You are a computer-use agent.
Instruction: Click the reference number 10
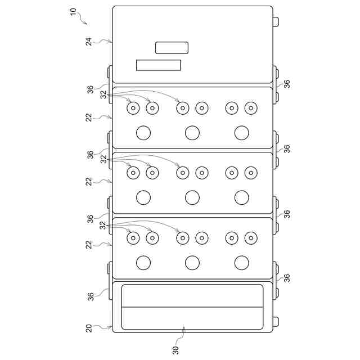coord(73,12)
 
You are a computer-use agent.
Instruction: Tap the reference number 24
coord(89,41)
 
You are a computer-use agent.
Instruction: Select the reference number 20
coord(89,328)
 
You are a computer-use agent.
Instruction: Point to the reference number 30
coord(175,350)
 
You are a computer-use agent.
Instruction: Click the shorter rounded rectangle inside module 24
coord(172,48)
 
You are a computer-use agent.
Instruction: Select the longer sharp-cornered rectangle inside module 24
coord(159,65)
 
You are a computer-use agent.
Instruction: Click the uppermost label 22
coord(89,118)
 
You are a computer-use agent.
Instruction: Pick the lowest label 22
coord(89,245)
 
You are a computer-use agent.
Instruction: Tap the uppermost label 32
coord(103,95)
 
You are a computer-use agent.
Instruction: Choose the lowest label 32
coord(103,225)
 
